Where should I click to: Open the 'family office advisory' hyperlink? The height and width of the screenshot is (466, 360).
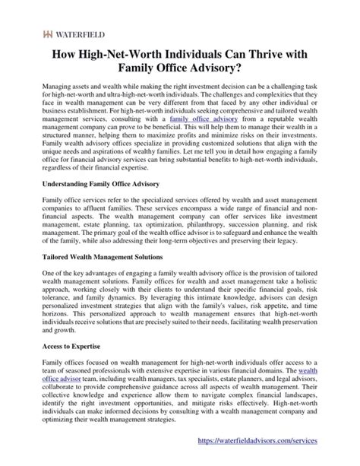199,140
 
